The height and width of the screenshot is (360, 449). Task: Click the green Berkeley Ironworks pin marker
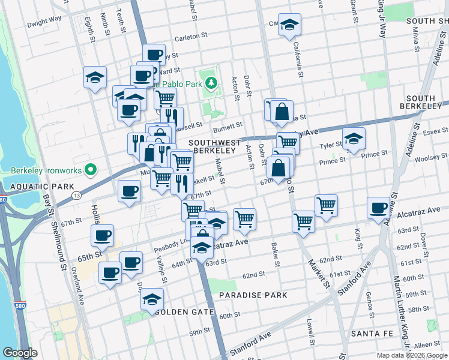click(91, 170)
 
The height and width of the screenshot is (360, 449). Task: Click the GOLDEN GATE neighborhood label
click(184, 312)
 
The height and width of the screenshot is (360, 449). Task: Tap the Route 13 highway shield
click(76, 196)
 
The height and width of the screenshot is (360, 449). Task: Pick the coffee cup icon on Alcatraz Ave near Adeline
click(378, 208)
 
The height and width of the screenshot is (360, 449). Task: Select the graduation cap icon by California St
click(289, 25)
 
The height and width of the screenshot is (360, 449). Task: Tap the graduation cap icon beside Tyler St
click(354, 139)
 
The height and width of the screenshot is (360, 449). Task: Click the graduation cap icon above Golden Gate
click(152, 299)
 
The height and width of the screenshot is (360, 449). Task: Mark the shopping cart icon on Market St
click(304, 221)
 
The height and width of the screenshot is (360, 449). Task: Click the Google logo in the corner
click(20, 353)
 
